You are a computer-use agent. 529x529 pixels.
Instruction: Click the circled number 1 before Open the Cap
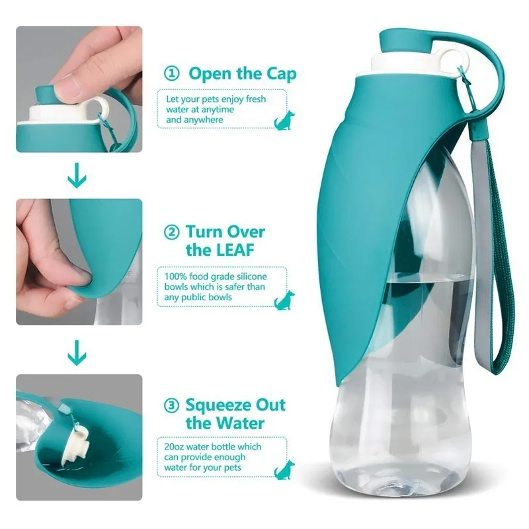coord(172,73)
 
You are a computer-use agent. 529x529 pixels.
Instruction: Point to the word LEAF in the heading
coord(239,250)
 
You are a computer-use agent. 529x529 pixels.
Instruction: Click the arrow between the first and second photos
coord(78,177)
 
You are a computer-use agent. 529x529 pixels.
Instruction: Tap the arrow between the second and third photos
coord(78,352)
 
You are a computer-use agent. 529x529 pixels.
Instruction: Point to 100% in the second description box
coord(175,275)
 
